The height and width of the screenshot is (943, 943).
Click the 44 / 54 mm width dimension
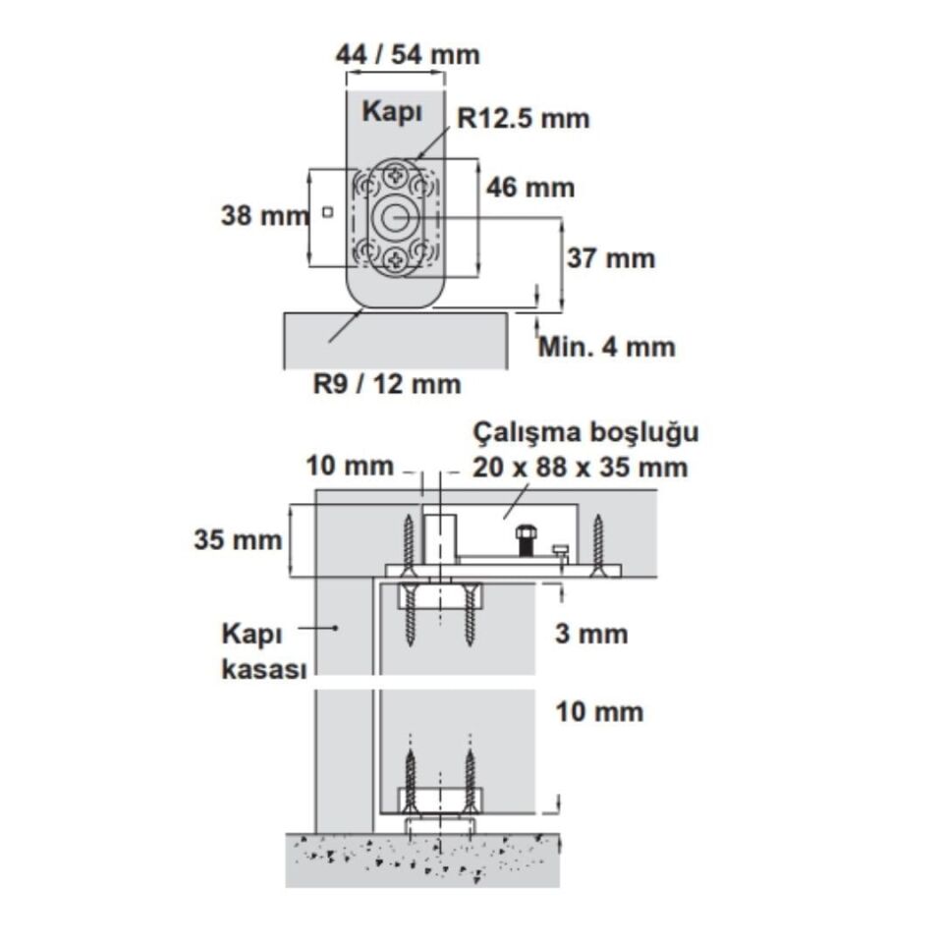point(408,55)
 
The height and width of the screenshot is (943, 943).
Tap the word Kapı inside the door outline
point(392,112)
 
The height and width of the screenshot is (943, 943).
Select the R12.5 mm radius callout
point(524,119)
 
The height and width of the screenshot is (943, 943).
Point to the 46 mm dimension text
point(530,188)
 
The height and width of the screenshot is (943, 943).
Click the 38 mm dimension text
point(264,215)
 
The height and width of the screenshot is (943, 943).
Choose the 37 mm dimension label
point(611,258)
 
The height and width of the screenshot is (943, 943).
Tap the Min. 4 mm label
point(607,347)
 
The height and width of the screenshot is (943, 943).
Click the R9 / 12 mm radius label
point(387,384)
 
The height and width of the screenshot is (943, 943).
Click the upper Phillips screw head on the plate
point(396,176)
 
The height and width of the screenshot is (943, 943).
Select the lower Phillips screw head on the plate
point(396,259)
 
